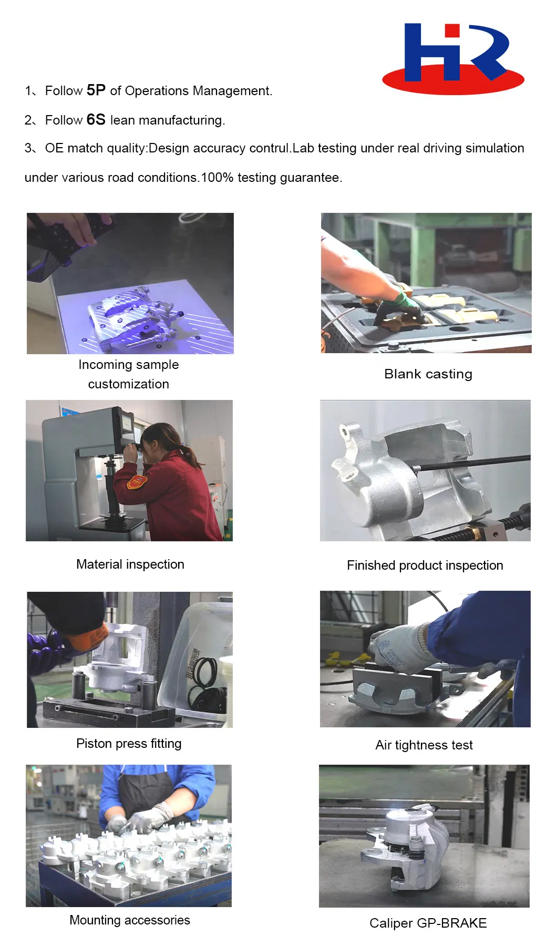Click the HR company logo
coord(453,59)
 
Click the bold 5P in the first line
coord(96,90)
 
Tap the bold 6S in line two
coord(96,120)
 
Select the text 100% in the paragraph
coord(217,178)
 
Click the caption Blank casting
coord(428,374)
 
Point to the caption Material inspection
coord(130,564)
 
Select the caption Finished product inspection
coord(425,565)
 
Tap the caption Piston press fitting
coord(129,744)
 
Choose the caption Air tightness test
coord(424,745)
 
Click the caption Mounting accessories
coord(130,920)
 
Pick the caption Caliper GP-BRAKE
coord(428,923)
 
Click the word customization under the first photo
coord(128,384)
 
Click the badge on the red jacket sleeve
coord(138,481)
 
